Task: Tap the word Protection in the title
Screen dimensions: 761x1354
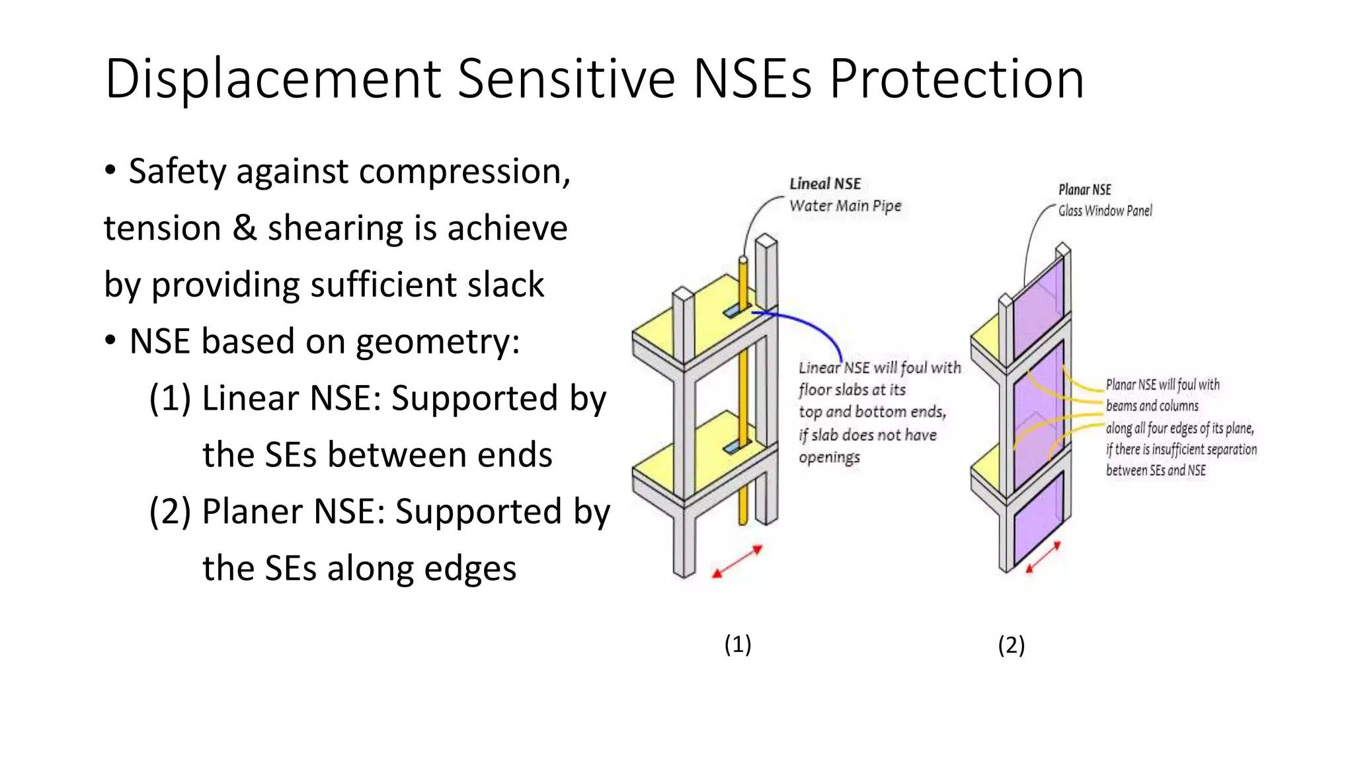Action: (x=957, y=79)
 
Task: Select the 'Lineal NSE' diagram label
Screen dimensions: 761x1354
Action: (x=825, y=184)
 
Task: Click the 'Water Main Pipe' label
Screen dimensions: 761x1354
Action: (x=845, y=205)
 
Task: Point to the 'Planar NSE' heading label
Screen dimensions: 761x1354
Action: (x=1084, y=190)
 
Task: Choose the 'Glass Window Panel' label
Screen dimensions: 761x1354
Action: (x=1105, y=211)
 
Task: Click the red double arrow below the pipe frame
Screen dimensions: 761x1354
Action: (x=737, y=562)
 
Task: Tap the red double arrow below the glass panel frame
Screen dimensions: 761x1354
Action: (x=1043, y=557)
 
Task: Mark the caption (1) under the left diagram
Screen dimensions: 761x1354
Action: (x=737, y=644)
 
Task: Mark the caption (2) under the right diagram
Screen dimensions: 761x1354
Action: (x=1011, y=645)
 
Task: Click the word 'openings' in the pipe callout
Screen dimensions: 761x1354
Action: (x=829, y=457)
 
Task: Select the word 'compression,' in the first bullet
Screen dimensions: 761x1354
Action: (x=465, y=172)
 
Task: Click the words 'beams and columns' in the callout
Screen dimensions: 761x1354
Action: (x=1152, y=406)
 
